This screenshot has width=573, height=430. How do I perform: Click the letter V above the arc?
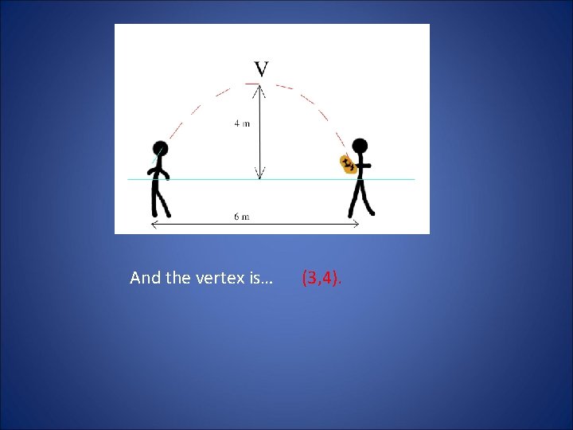(261, 69)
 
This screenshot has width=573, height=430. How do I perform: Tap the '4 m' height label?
(243, 123)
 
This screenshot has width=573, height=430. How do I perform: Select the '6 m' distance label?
(242, 217)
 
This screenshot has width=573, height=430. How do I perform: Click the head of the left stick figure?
(161, 148)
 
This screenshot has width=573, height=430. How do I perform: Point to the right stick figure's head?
(361, 146)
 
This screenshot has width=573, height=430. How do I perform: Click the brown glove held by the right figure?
(348, 165)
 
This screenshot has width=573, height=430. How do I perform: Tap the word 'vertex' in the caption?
(215, 278)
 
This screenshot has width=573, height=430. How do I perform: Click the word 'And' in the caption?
(145, 278)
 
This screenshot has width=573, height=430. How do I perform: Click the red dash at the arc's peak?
(253, 83)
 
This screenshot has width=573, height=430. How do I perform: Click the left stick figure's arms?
(161, 170)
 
